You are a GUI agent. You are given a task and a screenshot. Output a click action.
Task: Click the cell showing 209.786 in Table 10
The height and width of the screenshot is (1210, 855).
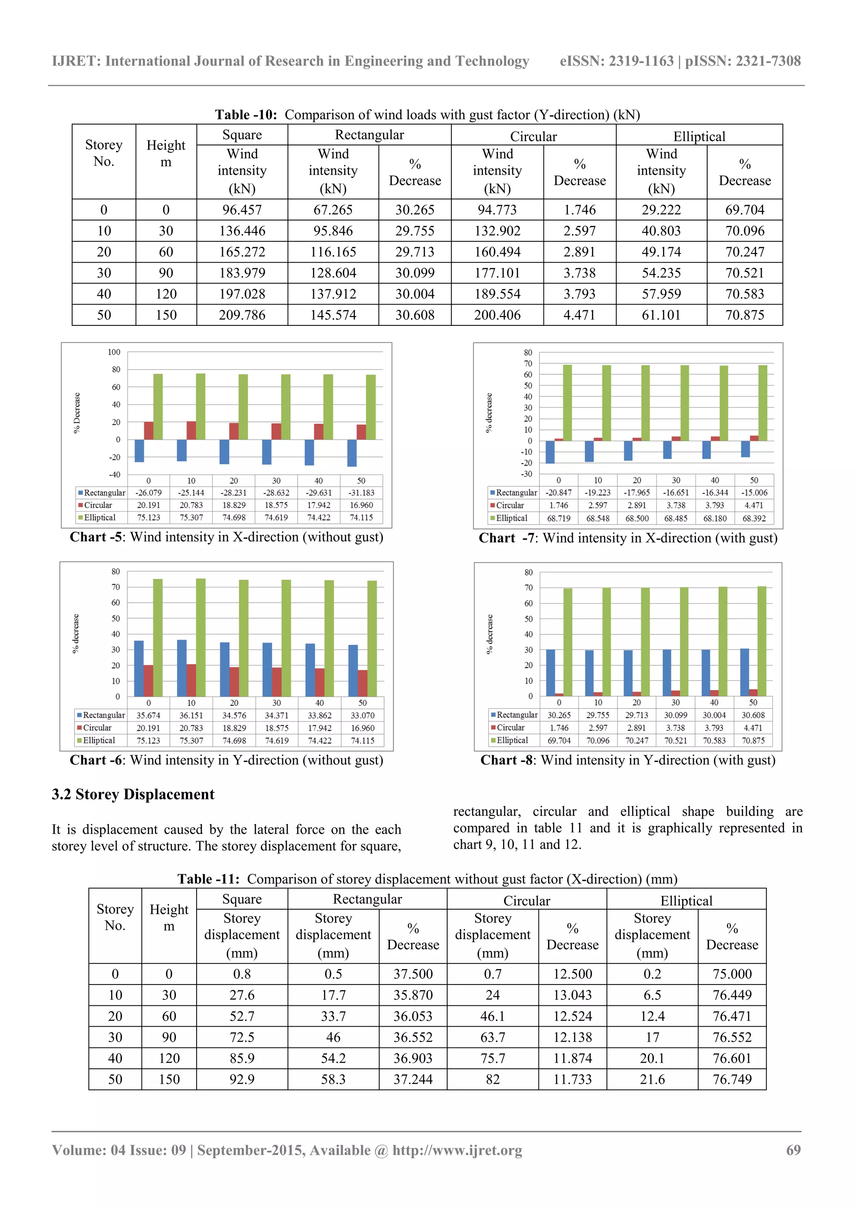[242, 315]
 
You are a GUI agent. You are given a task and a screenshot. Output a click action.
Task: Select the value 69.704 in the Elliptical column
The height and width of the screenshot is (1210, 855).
[744, 210]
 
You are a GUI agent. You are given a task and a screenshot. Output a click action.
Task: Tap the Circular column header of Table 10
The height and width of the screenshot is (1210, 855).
[533, 137]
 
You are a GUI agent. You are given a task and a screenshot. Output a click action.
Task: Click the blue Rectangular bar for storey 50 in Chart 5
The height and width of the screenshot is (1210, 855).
[352, 453]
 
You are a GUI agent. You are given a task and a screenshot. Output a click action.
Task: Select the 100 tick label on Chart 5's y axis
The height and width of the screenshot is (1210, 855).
[114, 352]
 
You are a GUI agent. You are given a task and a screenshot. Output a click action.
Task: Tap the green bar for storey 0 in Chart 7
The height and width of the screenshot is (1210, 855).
[567, 403]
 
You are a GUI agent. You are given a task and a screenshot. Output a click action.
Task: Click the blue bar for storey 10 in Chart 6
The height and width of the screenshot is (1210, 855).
[182, 668]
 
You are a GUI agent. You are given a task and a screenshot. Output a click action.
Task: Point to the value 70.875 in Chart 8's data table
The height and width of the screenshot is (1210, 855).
[753, 741]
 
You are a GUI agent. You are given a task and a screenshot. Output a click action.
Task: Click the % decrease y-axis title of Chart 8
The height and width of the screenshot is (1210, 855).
[490, 634]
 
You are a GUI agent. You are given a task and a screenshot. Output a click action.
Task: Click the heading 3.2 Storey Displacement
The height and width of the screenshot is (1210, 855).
[133, 794]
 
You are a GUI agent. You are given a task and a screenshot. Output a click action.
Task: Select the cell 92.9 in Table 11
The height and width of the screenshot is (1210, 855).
[242, 1079]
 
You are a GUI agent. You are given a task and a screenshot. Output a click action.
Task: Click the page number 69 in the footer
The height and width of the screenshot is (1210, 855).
[793, 1150]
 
